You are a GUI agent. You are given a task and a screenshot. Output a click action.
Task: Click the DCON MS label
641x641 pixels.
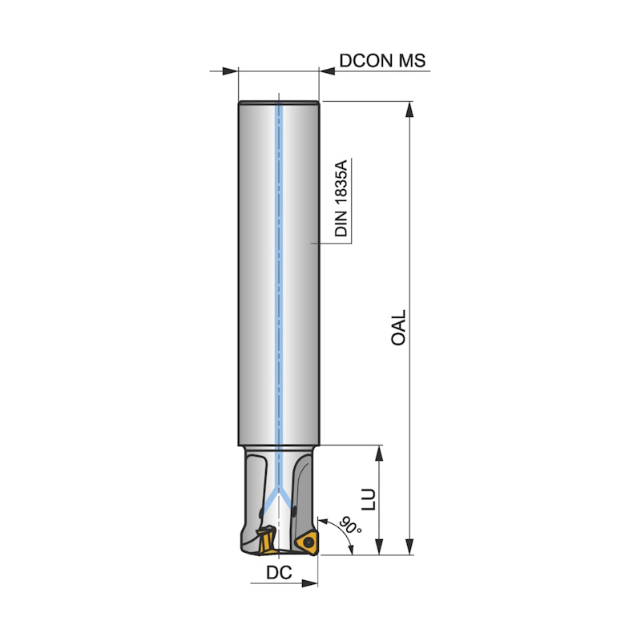pos(382,61)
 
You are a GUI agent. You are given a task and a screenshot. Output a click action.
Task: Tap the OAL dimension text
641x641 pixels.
pos(398,328)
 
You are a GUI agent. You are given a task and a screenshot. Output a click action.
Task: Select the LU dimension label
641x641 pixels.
pos(369,498)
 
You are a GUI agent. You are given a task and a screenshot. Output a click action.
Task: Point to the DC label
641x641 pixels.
pos(279,573)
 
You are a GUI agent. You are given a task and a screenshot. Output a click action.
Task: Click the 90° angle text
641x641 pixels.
pos(351,525)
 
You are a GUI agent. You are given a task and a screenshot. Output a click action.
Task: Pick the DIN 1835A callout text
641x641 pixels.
pos(341,198)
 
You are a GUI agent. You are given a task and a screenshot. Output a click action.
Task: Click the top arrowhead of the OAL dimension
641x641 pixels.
pos(409,109)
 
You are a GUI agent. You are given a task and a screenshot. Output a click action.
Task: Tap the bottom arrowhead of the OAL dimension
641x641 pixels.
pos(409,547)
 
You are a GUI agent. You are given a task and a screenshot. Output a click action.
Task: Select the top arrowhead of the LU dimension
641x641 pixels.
pos(379,454)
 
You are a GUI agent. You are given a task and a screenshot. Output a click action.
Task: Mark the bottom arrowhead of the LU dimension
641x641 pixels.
pos(379,547)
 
